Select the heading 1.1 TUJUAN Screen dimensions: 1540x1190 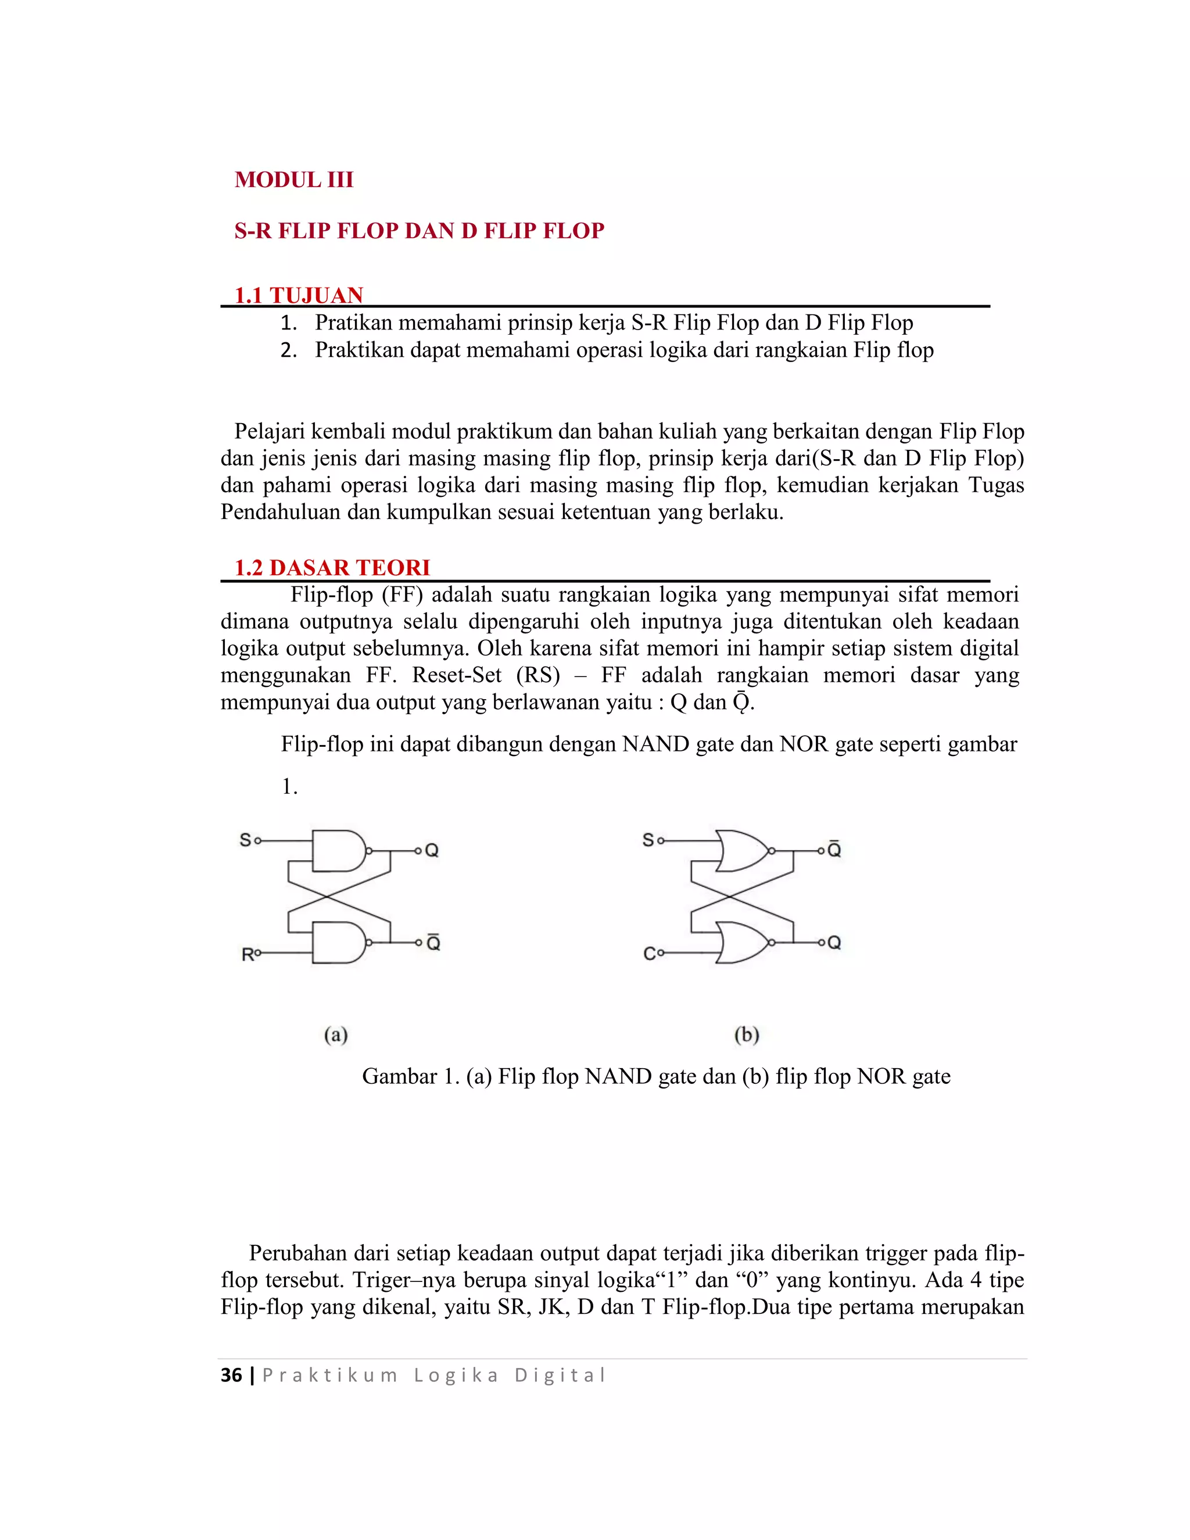point(299,295)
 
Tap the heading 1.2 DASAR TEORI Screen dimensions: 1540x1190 point(332,567)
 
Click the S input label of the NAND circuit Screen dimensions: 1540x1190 point(245,840)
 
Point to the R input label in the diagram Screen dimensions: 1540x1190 point(248,954)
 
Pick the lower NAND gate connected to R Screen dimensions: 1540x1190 point(338,942)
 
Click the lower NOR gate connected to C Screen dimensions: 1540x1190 point(743,942)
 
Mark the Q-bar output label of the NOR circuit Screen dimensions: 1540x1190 point(834,850)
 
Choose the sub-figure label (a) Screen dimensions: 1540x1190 point(336,1034)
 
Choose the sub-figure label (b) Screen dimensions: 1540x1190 point(747,1034)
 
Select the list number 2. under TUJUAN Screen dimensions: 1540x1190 point(288,350)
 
